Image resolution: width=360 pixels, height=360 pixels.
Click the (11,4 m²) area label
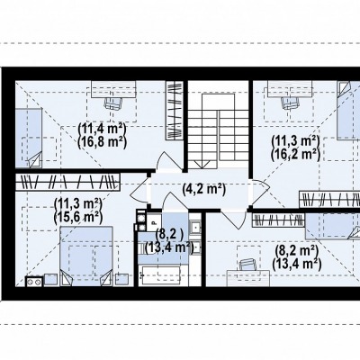point(102,129)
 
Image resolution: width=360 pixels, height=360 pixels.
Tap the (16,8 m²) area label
point(102,142)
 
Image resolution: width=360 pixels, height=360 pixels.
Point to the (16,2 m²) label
point(295,154)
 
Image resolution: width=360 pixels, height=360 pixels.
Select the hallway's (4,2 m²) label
point(203,189)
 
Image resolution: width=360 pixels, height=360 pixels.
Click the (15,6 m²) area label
point(77,217)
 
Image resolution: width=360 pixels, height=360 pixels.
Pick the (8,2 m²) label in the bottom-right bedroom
point(295,250)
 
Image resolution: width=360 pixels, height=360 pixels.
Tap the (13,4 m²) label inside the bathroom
point(168,247)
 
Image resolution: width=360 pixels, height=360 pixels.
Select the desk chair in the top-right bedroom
point(291,103)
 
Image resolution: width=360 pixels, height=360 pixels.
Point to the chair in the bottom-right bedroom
point(248,264)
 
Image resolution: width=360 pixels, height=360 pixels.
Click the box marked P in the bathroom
point(154,222)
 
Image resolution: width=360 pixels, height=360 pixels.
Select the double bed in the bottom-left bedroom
point(86,256)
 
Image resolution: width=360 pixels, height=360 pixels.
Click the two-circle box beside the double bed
point(33,282)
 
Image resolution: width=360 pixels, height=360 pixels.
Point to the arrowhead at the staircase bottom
point(202,164)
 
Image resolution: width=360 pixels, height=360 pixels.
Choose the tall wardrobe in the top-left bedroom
point(175,110)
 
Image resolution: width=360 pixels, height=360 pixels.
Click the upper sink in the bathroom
point(195,227)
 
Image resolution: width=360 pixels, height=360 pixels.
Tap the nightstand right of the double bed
point(121,280)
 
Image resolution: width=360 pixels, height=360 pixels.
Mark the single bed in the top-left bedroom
point(28,138)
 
